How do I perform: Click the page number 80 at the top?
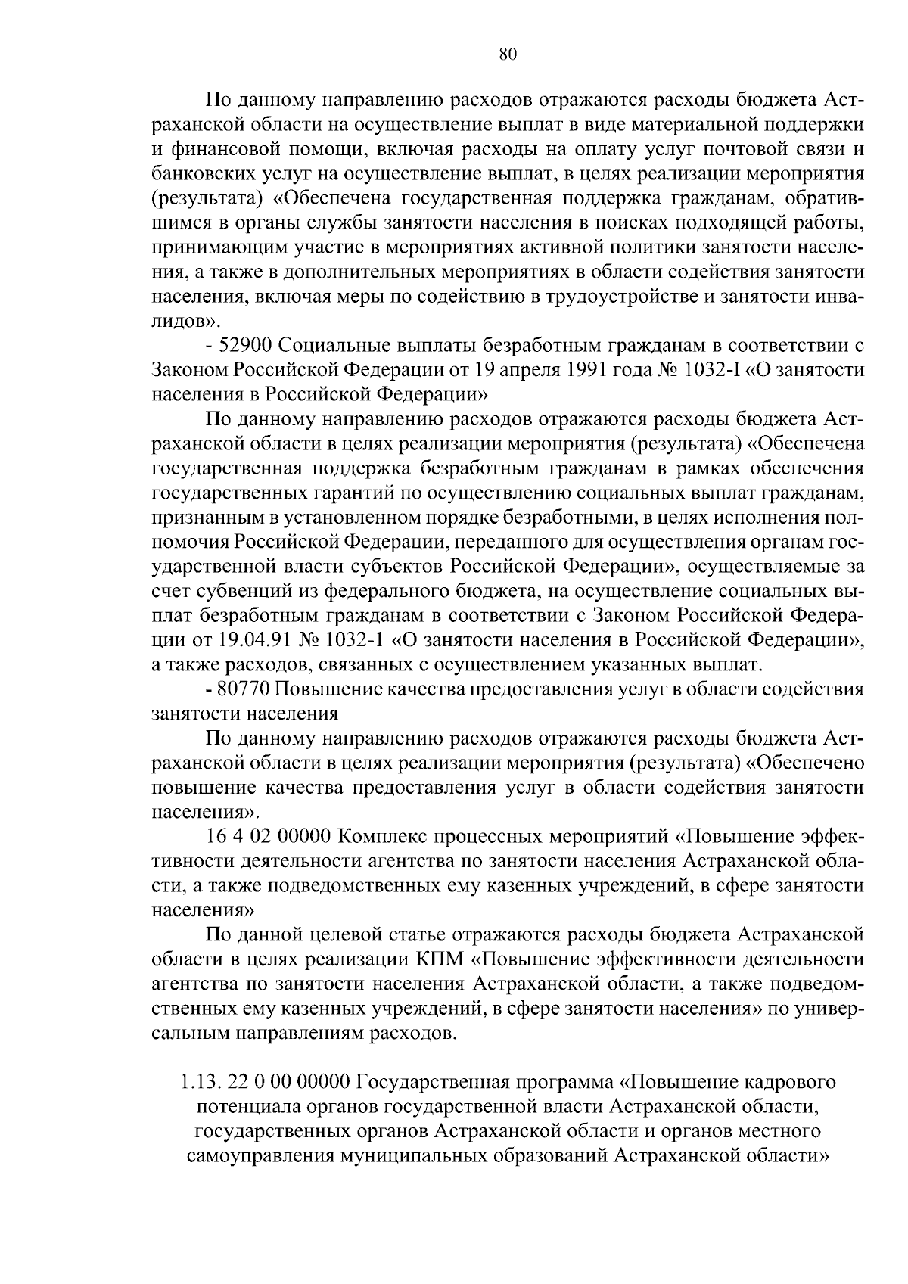pos(508,53)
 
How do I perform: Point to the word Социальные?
pos(326,346)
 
